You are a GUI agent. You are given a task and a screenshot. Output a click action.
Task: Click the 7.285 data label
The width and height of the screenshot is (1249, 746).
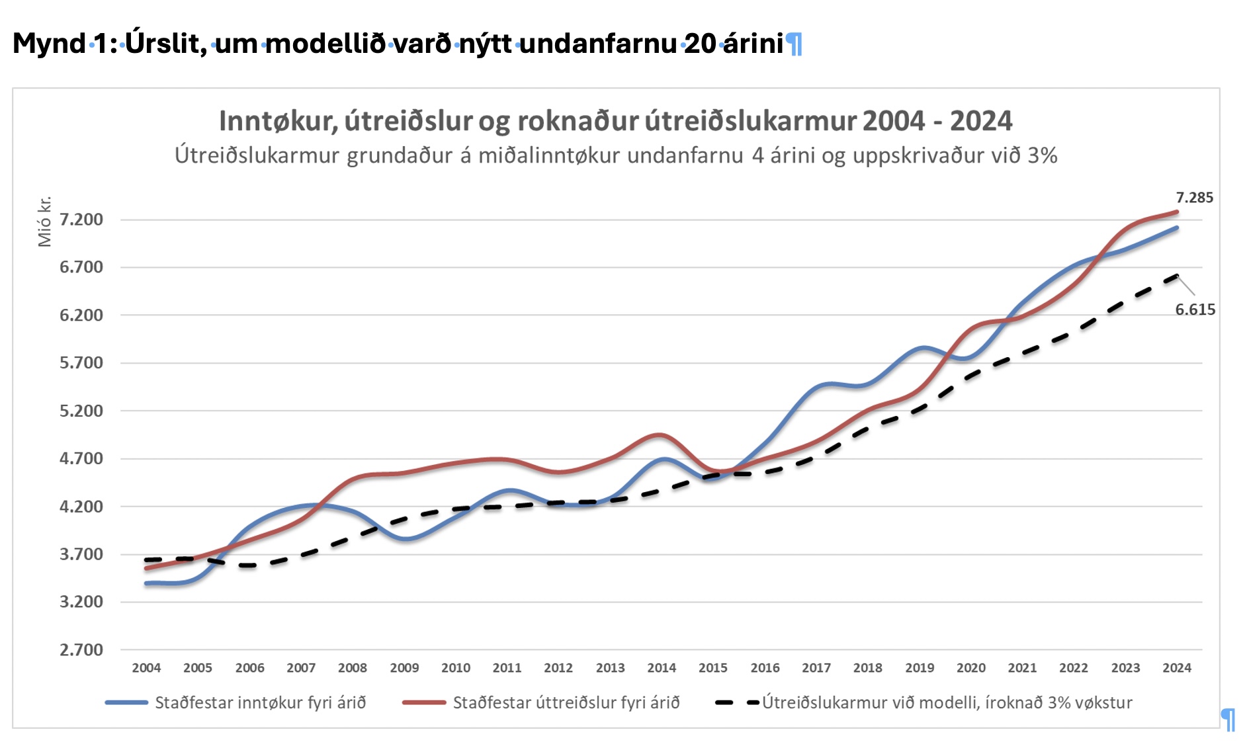1194,198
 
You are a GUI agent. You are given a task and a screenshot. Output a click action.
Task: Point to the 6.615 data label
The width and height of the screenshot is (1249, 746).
1195,310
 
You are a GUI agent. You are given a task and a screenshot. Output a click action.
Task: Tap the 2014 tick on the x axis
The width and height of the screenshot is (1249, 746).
662,668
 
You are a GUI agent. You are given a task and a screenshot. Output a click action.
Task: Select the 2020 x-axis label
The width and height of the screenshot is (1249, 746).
970,668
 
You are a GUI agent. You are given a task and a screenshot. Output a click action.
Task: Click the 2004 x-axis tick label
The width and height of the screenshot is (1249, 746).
146,668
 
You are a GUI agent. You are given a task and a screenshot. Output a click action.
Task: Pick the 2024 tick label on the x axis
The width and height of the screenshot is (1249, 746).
1177,668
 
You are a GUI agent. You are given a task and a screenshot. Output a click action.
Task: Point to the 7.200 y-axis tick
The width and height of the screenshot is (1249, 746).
81,220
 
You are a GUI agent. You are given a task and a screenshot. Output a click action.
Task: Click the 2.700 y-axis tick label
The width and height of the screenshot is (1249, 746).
81,650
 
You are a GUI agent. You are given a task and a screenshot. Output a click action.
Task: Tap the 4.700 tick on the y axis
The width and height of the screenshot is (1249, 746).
81,458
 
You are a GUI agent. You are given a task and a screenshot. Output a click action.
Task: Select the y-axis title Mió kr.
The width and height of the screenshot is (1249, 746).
44,222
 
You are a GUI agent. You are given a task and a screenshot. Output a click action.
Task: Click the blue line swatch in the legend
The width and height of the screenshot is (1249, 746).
126,702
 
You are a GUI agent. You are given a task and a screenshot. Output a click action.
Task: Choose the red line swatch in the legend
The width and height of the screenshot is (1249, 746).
424,702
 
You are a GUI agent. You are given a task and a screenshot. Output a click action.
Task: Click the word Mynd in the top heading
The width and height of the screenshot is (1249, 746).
50,44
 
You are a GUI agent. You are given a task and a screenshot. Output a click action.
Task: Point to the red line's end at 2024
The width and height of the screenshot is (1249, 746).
1177,212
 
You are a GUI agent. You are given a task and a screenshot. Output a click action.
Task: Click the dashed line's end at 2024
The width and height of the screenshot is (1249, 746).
1177,276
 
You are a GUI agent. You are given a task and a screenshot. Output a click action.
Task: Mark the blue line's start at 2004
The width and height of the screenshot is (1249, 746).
146,583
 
